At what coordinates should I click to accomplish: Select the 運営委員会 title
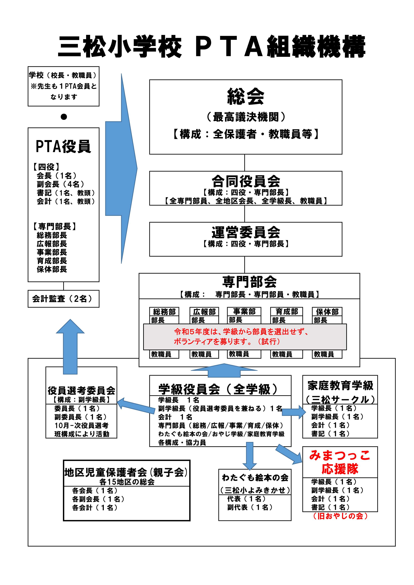[x=245, y=232]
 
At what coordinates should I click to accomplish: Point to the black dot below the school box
[x=64, y=117]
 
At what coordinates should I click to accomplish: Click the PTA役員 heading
[x=63, y=147]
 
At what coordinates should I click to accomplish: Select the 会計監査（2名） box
[x=63, y=299]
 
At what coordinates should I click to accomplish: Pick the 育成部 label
[x=287, y=311]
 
